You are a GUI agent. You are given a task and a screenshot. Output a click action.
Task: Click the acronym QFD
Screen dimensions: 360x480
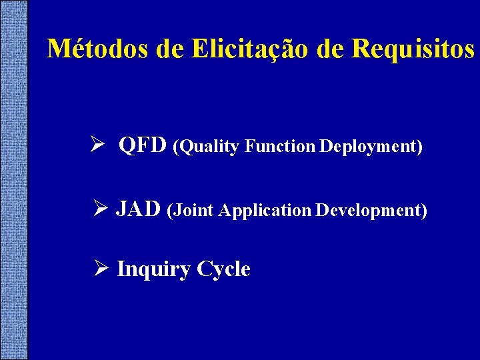tap(143, 145)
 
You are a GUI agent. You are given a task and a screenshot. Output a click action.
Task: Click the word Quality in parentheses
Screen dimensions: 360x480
tap(209, 147)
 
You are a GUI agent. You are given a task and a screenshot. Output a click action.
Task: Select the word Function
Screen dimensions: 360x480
tap(280, 147)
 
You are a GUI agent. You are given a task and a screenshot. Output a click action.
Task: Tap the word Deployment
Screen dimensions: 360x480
tap(367, 147)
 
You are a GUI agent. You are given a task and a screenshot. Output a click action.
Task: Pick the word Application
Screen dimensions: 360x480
tap(265, 211)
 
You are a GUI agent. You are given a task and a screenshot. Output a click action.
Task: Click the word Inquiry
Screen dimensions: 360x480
tap(153, 269)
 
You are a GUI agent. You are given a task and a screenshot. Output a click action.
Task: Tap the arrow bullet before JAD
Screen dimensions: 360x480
tap(101, 209)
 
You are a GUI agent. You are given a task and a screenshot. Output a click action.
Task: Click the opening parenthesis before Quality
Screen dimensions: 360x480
tap(176, 147)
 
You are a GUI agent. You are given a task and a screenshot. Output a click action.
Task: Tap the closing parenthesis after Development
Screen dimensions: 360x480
tap(424, 211)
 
